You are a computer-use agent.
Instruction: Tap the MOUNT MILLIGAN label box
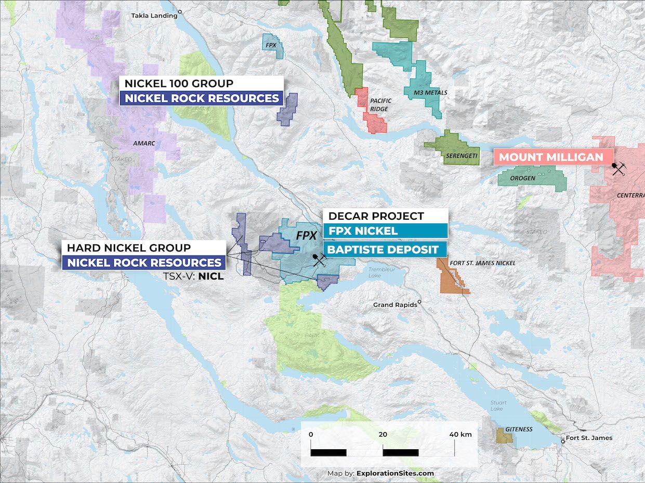pos(551,157)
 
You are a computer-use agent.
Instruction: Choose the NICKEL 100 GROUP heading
pos(179,83)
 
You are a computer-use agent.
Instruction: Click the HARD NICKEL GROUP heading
pos(129,248)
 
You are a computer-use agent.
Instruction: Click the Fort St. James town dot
pos(563,442)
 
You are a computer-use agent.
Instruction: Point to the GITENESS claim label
pos(519,429)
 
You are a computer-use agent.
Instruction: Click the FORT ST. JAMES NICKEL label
pos(482,263)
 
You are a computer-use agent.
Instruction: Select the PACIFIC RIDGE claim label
pos(380,105)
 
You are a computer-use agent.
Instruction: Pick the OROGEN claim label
pos(522,178)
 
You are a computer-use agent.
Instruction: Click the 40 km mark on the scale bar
pos(460,434)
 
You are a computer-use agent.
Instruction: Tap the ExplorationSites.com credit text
pos(396,473)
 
